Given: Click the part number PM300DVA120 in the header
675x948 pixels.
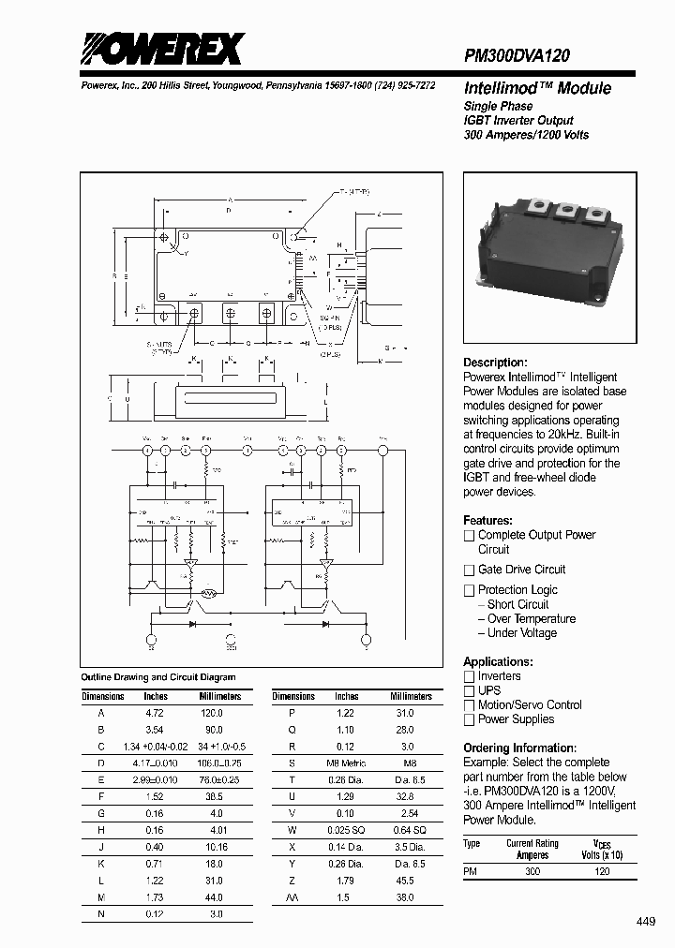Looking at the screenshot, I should pos(517,56).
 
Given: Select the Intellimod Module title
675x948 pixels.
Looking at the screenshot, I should pos(537,88).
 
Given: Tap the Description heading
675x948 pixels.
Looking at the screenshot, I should pos(495,363).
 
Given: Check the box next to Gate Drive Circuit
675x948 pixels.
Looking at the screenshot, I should pos(470,570).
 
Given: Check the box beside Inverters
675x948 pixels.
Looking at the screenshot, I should pos(470,676).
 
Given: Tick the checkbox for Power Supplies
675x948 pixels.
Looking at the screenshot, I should pos(470,719).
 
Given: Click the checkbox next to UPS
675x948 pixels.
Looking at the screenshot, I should pos(470,690).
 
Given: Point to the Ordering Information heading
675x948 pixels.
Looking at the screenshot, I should pos(519,748).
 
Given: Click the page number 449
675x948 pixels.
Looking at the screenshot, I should pos(646,922).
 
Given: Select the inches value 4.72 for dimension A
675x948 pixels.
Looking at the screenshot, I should pos(156,713).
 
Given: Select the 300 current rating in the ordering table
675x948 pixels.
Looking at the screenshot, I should pos(532,871).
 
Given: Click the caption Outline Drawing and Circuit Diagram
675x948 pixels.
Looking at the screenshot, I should pos(158,676).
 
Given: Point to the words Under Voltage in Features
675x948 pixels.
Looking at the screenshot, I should pos(522,633).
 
